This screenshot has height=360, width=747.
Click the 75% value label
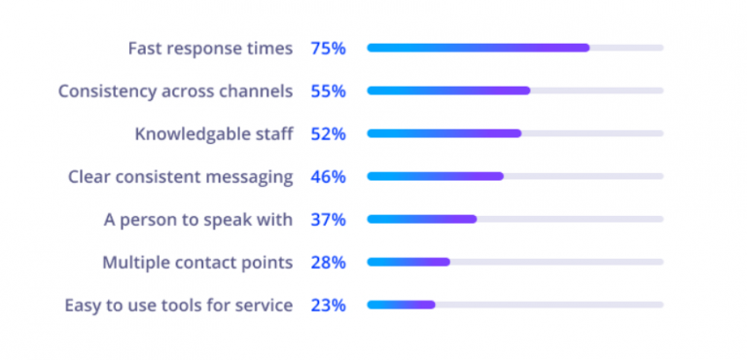[328, 48]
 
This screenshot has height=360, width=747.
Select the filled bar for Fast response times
[478, 48]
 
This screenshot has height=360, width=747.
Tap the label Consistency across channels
[175, 90]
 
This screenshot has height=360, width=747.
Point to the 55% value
[328, 90]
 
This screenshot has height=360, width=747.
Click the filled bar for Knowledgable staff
[444, 133]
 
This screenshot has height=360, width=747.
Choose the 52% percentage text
[328, 133]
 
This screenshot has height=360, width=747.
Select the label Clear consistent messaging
[180, 176]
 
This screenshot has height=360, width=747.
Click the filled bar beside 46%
[435, 176]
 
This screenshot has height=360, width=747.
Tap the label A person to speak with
[198, 219]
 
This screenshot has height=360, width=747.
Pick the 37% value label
[328, 219]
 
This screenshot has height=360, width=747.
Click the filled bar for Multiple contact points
[408, 262]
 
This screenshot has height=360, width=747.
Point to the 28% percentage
[328, 262]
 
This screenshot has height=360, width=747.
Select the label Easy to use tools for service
[178, 305]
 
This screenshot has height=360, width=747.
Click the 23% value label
[328, 305]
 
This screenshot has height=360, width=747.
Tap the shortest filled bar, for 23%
[401, 305]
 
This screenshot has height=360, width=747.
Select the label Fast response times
[210, 48]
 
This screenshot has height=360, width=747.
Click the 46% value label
[328, 176]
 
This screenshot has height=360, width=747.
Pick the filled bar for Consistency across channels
[448, 90]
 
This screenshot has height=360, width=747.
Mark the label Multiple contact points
[197, 262]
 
